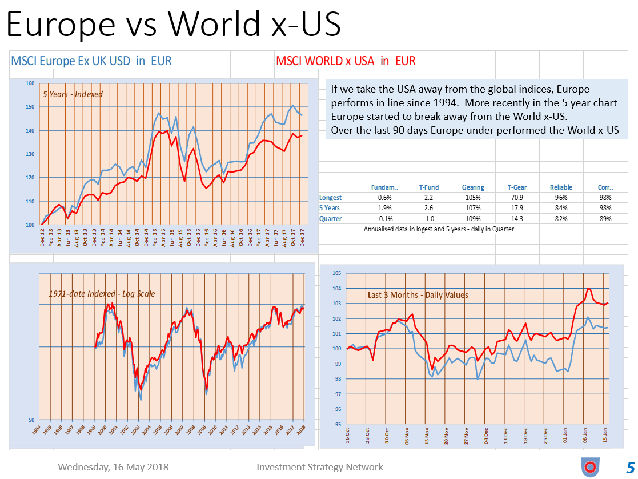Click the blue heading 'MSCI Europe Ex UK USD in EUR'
pyautogui.click(x=91, y=61)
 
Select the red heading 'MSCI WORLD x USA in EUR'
pyautogui.click(x=346, y=61)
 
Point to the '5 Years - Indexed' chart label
pyautogui.click(x=73, y=94)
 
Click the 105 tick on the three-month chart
pyautogui.click(x=338, y=273)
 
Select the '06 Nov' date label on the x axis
pyautogui.click(x=407, y=437)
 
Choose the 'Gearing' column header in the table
pyautogui.click(x=473, y=187)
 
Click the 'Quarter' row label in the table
pyautogui.click(x=330, y=218)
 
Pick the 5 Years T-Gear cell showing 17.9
pyautogui.click(x=517, y=208)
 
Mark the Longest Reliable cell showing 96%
pyautogui.click(x=561, y=198)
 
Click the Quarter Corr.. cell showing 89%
pyautogui.click(x=605, y=218)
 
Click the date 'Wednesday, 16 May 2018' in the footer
pyautogui.click(x=113, y=467)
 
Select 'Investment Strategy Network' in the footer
pyautogui.click(x=320, y=467)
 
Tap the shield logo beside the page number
pyautogui.click(x=590, y=466)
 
